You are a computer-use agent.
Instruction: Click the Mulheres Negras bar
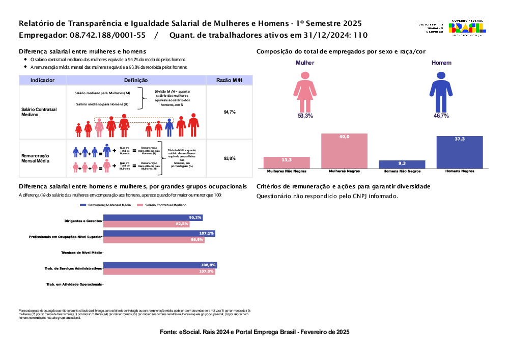click(x=344, y=151)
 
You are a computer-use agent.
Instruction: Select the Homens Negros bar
click(x=460, y=152)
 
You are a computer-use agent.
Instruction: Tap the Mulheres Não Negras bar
click(x=287, y=162)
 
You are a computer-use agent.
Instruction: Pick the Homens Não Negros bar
click(x=402, y=164)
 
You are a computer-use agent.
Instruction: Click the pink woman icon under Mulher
click(x=305, y=92)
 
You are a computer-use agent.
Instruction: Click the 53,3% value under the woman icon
click(x=305, y=116)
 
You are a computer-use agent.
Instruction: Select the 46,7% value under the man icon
click(x=441, y=116)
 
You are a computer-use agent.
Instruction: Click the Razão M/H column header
click(x=229, y=80)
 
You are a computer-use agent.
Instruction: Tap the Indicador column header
click(x=42, y=80)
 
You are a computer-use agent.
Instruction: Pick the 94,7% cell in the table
click(x=229, y=112)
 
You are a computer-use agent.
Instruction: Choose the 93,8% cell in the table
click(x=229, y=159)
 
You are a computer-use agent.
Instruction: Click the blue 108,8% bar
click(x=160, y=265)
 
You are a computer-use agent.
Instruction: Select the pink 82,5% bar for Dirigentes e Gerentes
click(x=146, y=224)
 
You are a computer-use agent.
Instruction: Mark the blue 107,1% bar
click(x=159, y=233)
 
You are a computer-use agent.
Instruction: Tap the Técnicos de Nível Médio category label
click(x=81, y=253)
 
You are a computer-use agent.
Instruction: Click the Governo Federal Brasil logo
click(x=467, y=28)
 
